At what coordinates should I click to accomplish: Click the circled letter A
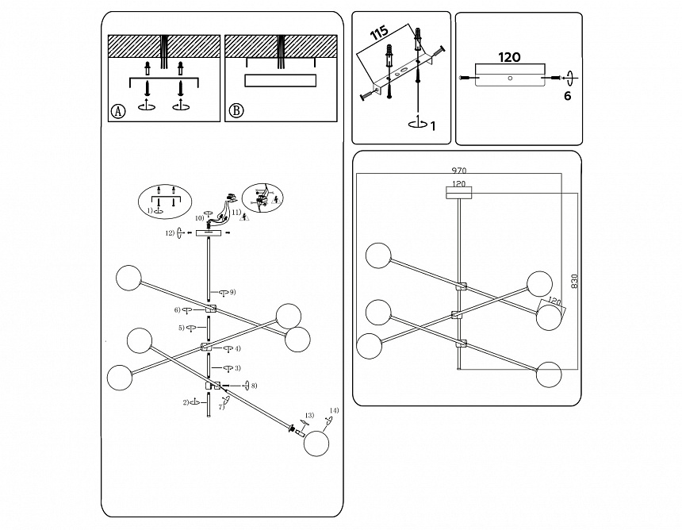coord(118,111)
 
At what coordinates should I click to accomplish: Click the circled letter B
coord(236,111)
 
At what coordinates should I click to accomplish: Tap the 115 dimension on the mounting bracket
coord(380,35)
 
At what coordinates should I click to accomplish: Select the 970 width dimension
coord(458,171)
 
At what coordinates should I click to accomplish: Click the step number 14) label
coord(333,410)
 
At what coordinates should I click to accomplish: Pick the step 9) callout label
coord(232,293)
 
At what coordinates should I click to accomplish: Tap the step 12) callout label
coord(170,233)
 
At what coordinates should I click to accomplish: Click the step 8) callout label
coord(254,386)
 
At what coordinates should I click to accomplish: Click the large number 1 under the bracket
coord(431,125)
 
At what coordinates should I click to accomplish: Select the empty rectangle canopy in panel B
coord(281,81)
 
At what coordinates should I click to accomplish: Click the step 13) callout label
coord(310,415)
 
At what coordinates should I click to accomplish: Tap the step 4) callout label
coord(237,348)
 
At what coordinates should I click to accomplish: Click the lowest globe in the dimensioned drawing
coord(548,374)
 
